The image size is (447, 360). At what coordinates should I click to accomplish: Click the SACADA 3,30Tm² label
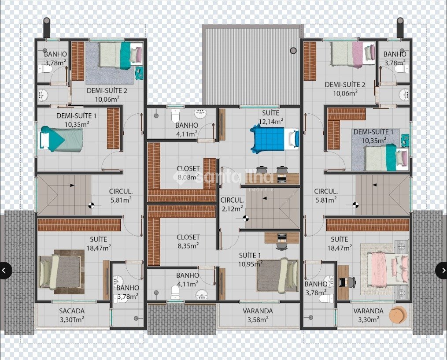point(72,315)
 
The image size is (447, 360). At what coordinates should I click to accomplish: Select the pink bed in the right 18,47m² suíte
point(388,269)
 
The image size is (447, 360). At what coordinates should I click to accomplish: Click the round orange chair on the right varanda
point(398,315)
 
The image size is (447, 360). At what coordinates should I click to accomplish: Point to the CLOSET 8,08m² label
point(188,173)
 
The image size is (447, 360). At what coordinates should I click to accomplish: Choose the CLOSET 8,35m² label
point(188,241)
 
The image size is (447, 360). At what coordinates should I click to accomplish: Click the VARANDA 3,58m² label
point(258,315)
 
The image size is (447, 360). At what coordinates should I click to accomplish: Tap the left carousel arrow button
point(4,270)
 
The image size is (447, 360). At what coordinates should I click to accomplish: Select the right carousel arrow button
point(443,270)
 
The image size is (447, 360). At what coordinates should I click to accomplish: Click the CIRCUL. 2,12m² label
point(232,204)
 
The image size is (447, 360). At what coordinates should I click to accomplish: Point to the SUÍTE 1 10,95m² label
point(250,260)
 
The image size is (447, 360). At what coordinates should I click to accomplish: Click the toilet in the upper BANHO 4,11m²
point(175,115)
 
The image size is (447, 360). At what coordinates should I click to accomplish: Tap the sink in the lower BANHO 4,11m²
point(202,295)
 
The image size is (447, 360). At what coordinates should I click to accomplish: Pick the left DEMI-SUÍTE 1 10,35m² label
point(76,120)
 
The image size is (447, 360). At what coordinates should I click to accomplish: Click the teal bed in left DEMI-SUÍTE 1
point(62,139)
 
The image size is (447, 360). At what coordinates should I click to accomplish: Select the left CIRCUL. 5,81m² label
point(121,196)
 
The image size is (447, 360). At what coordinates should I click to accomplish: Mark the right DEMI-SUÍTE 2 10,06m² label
point(345,89)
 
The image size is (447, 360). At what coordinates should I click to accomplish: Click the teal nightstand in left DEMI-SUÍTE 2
point(139,73)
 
